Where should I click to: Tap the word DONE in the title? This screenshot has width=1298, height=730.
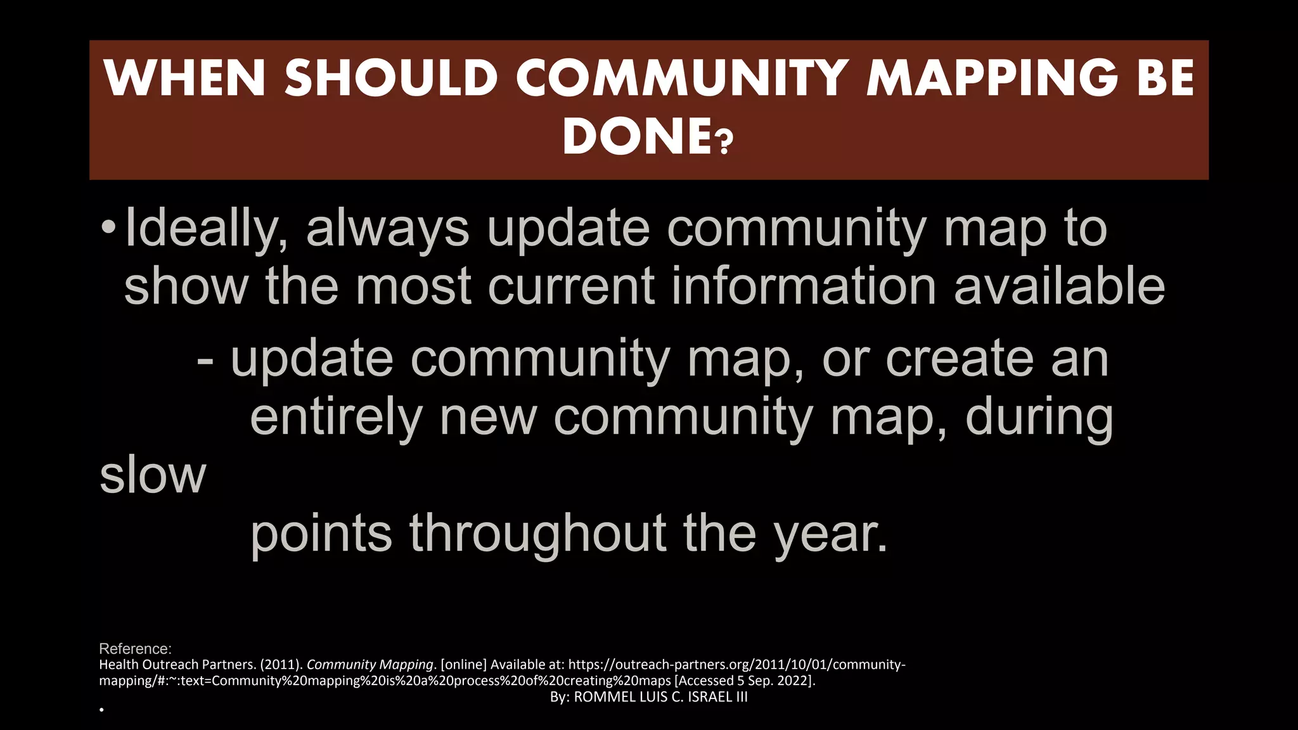pos(636,136)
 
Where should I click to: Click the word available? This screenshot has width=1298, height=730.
pos(1059,286)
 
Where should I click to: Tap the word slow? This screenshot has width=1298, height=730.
pos(153,475)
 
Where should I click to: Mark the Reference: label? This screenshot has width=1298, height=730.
pos(135,649)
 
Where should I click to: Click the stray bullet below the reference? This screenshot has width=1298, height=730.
pos(101,710)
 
